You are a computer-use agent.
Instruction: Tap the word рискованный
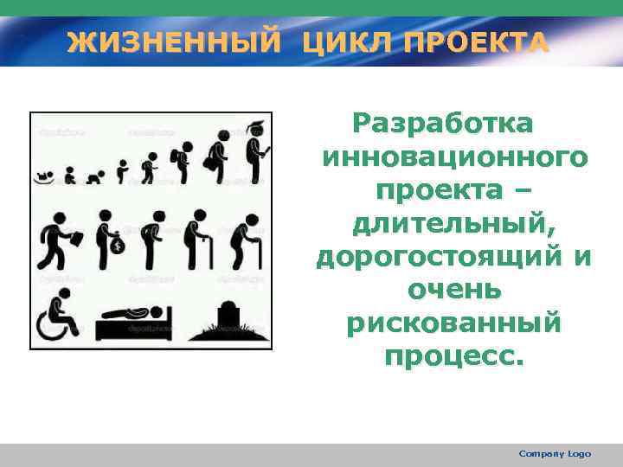(454, 323)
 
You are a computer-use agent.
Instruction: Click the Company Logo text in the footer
(555, 453)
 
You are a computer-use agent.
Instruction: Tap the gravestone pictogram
(229, 316)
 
